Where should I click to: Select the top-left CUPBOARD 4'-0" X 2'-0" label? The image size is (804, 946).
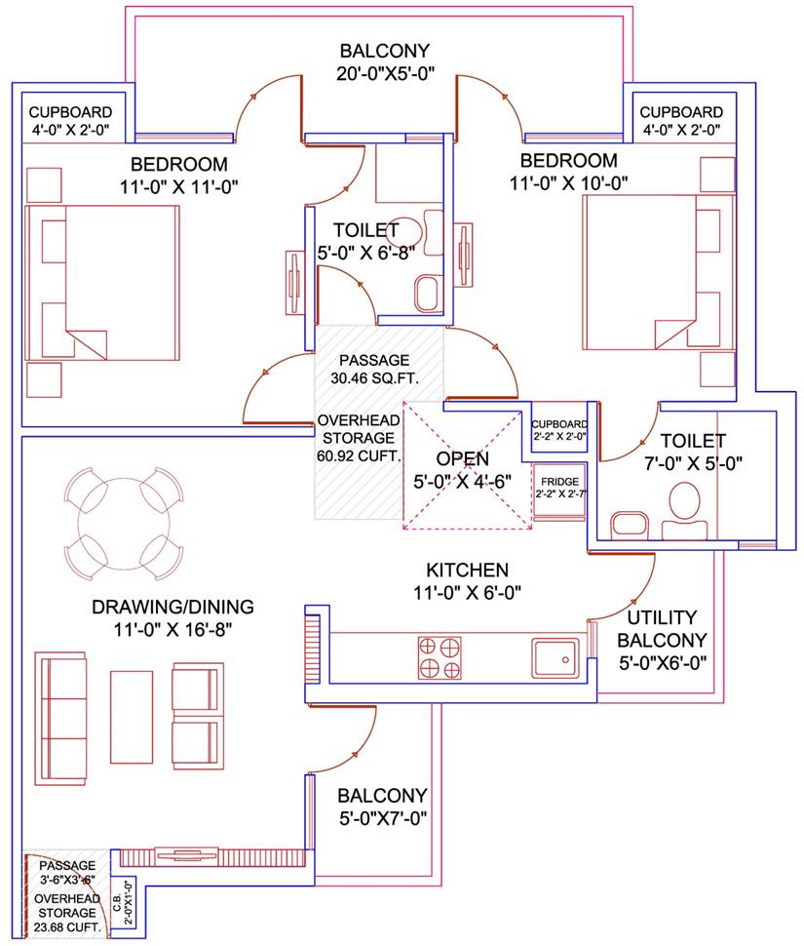coord(69,120)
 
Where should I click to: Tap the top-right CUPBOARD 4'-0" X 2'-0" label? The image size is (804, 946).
coord(681,120)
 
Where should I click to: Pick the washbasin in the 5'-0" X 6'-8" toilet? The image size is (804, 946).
coord(426,291)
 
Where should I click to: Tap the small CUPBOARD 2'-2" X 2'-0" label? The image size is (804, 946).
coord(559,430)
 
